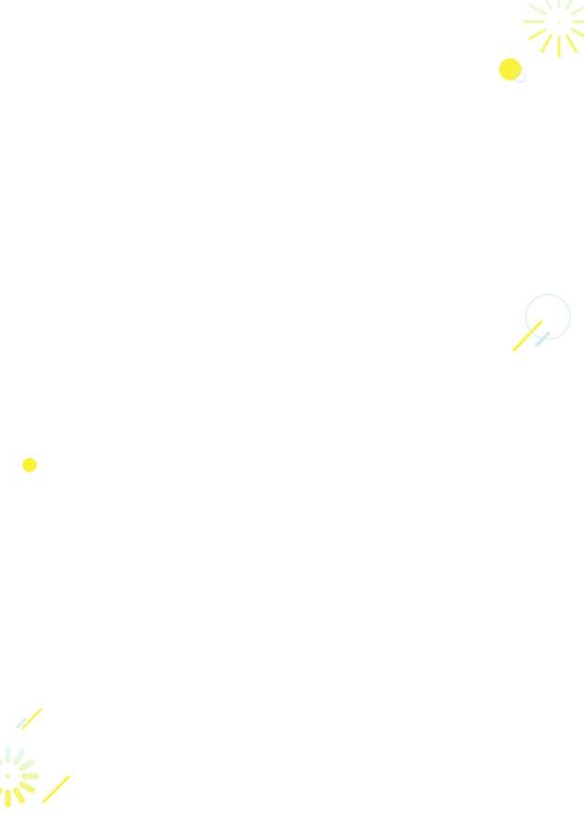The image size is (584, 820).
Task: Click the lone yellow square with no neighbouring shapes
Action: pyautogui.click(x=29, y=465)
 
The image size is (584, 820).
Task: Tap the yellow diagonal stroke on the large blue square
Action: pyautogui.click(x=533, y=330)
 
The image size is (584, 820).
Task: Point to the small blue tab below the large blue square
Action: pyautogui.click(x=543, y=344)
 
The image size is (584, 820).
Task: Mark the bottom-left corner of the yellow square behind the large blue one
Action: pyautogui.click(x=511, y=353)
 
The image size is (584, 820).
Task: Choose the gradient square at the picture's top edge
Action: pyautogui.click(x=553, y=28)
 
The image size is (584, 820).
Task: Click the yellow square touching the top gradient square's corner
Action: pyautogui.click(x=509, y=68)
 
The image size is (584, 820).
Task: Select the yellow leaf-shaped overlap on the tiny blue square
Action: pyautogui.click(x=517, y=76)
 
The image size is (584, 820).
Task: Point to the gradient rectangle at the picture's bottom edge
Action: pyautogui.click(x=18, y=777)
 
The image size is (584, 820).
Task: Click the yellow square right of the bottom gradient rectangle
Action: pyautogui.click(x=57, y=789)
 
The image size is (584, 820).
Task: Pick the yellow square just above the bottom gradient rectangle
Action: pyautogui.click(x=34, y=716)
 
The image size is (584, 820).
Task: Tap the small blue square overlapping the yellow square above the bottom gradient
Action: pyautogui.click(x=20, y=723)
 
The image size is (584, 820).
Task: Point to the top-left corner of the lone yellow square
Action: pyautogui.click(x=22, y=457)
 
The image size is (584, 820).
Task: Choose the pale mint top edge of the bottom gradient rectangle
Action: pyautogui.click(x=18, y=749)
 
